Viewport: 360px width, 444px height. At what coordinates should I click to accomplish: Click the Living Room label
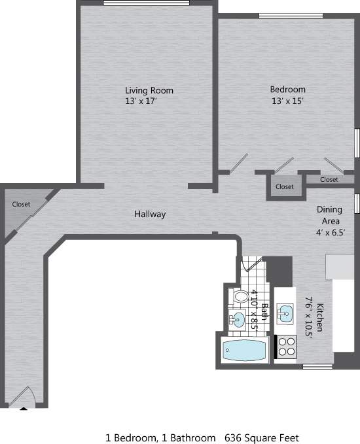[x=149, y=90]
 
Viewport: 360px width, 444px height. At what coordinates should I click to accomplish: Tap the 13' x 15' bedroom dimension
[x=287, y=101]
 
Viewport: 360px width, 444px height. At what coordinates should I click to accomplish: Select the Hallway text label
[x=150, y=214]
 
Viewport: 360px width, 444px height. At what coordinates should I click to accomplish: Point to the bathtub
[x=243, y=352]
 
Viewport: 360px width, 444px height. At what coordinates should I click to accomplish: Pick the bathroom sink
[x=236, y=320]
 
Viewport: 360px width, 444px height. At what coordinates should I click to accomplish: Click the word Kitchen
[x=321, y=317]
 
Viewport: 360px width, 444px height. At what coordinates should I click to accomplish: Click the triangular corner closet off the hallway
[x=21, y=209]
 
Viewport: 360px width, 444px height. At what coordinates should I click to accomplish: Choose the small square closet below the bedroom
[x=284, y=186]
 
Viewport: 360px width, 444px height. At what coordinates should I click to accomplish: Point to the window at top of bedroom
[x=285, y=16]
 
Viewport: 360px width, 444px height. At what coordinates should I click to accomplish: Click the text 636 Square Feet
[x=262, y=437]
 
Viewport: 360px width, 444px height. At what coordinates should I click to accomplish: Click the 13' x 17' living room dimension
[x=141, y=101]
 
